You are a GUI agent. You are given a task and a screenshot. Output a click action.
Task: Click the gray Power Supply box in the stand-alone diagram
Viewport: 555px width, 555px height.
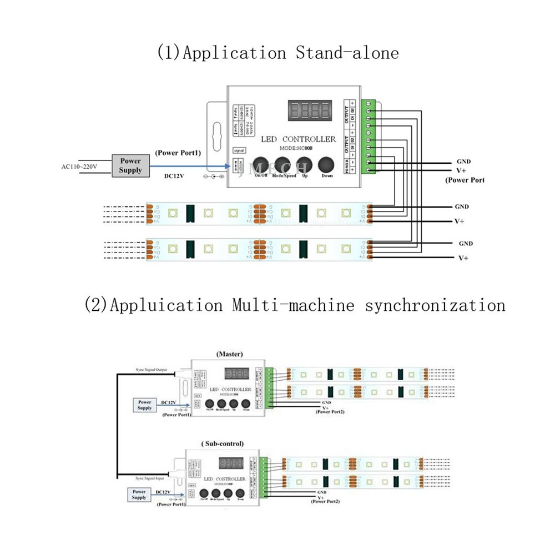click(x=130, y=165)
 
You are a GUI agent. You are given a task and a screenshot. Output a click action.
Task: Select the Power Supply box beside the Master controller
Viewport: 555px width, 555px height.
click(x=145, y=405)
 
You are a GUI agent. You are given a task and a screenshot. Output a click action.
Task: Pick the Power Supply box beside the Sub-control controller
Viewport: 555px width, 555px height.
click(x=139, y=495)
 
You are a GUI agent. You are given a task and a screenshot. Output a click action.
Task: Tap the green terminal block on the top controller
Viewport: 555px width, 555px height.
click(x=370, y=137)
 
